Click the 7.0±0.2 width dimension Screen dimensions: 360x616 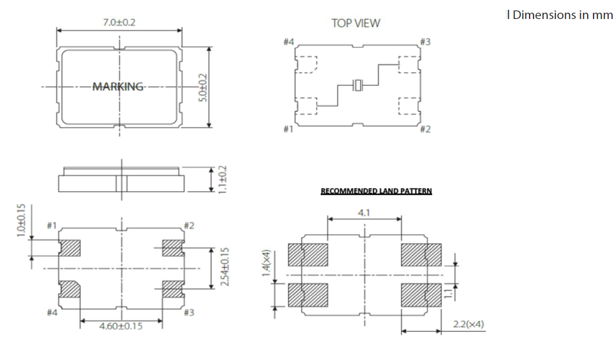(119, 23)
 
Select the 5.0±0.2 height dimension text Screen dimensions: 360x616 (202, 87)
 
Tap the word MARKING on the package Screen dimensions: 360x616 (118, 86)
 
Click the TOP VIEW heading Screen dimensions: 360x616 (356, 23)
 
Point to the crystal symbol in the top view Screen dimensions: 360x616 (358, 86)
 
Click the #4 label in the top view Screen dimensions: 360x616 (289, 42)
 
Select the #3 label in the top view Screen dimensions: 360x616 (425, 42)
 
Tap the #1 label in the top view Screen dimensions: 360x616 (289, 129)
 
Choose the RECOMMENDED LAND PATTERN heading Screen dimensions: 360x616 (376, 191)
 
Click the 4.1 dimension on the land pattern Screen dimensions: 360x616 (364, 213)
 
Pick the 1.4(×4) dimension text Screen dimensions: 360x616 (266, 263)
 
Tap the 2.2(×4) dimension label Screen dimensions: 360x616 (469, 324)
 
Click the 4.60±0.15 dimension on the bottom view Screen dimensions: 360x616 (121, 326)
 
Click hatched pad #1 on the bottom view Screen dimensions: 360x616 (70, 248)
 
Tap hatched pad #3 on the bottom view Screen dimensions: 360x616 (172, 289)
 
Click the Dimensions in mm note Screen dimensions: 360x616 (562, 15)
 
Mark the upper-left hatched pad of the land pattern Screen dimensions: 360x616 (307, 255)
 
